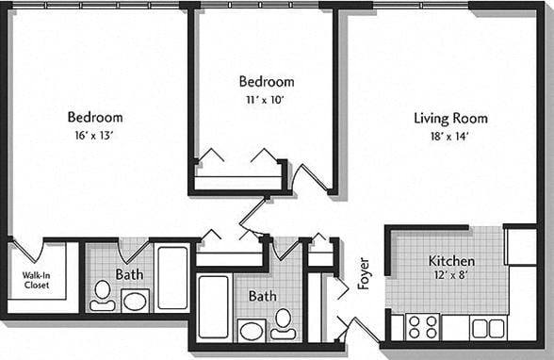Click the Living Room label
(450, 118)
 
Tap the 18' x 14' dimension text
(450, 135)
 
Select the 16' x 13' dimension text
(95, 135)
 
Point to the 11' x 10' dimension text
(266, 98)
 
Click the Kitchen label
(451, 261)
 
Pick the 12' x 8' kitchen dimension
(451, 276)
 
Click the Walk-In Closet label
(36, 279)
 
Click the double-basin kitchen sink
(488, 327)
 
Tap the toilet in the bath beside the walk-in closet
(102, 294)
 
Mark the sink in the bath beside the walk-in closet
(135, 302)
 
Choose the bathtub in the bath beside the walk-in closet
(172, 277)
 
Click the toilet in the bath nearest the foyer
(282, 323)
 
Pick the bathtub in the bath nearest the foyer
(214, 307)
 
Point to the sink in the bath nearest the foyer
(252, 330)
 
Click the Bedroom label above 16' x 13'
(95, 118)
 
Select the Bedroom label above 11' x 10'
(266, 82)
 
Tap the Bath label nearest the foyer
(263, 296)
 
